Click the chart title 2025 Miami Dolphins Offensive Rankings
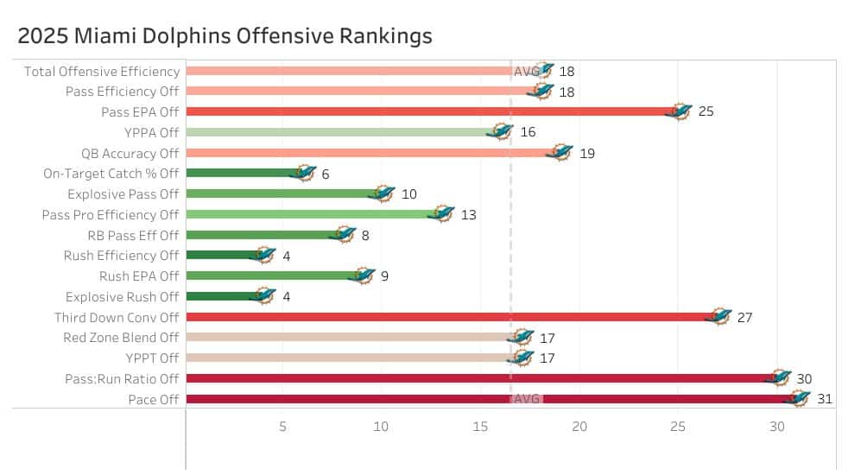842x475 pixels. click(x=225, y=36)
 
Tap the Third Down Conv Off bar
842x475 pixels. click(x=449, y=317)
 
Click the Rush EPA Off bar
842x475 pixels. click(x=272, y=275)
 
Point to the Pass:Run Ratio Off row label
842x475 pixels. click(x=122, y=378)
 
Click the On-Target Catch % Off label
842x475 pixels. click(x=111, y=174)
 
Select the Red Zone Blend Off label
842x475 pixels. click(x=121, y=338)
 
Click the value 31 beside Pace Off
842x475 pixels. click(x=825, y=399)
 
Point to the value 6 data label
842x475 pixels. click(x=326, y=174)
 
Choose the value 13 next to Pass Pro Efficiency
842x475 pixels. click(x=468, y=214)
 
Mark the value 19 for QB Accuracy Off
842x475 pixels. click(x=586, y=153)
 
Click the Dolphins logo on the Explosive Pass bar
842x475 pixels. click(x=383, y=193)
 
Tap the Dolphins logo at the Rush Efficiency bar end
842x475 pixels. click(x=263, y=255)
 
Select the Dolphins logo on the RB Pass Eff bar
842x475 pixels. click(x=343, y=234)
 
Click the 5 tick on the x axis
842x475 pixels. click(x=282, y=427)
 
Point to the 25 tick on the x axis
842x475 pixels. click(x=678, y=427)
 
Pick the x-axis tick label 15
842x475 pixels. click(x=480, y=427)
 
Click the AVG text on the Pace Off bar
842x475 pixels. click(x=526, y=399)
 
